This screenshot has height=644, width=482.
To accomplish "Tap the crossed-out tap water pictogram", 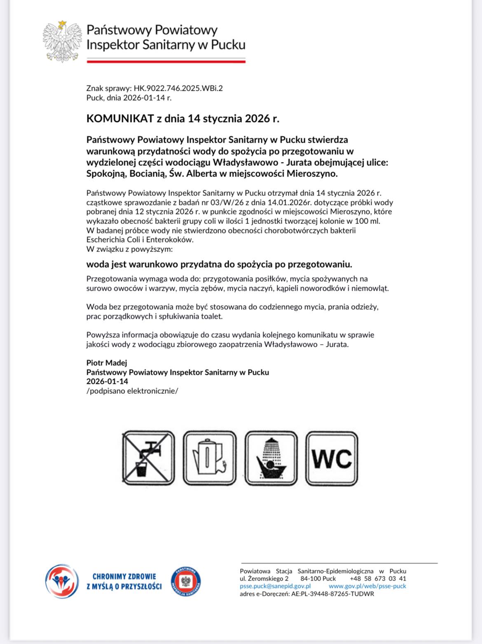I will tap(148, 458).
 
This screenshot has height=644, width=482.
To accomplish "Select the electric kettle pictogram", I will tap(210, 458).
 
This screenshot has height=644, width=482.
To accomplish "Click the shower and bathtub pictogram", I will tap(271, 458).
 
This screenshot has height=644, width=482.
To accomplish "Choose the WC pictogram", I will tap(332, 458).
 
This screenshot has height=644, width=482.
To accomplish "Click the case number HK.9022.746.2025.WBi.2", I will tap(178, 88).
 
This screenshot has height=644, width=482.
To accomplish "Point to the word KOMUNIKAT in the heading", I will tap(120, 119).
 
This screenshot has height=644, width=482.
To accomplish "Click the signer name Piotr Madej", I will tap(107, 363).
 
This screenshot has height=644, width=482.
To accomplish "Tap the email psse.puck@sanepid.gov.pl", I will tap(275, 586).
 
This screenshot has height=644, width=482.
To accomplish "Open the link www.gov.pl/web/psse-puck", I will tap(367, 586).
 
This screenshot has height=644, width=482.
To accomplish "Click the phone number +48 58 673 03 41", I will tap(378, 578).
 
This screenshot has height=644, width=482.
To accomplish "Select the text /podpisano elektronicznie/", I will tap(132, 391).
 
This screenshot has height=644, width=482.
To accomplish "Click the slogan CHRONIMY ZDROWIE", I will tap(124, 576).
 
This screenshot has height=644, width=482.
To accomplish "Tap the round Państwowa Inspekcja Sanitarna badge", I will tap(185, 581).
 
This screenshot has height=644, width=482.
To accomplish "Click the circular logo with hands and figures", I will tap(62, 581).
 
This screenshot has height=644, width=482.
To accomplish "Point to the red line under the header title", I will tap(166, 61).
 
